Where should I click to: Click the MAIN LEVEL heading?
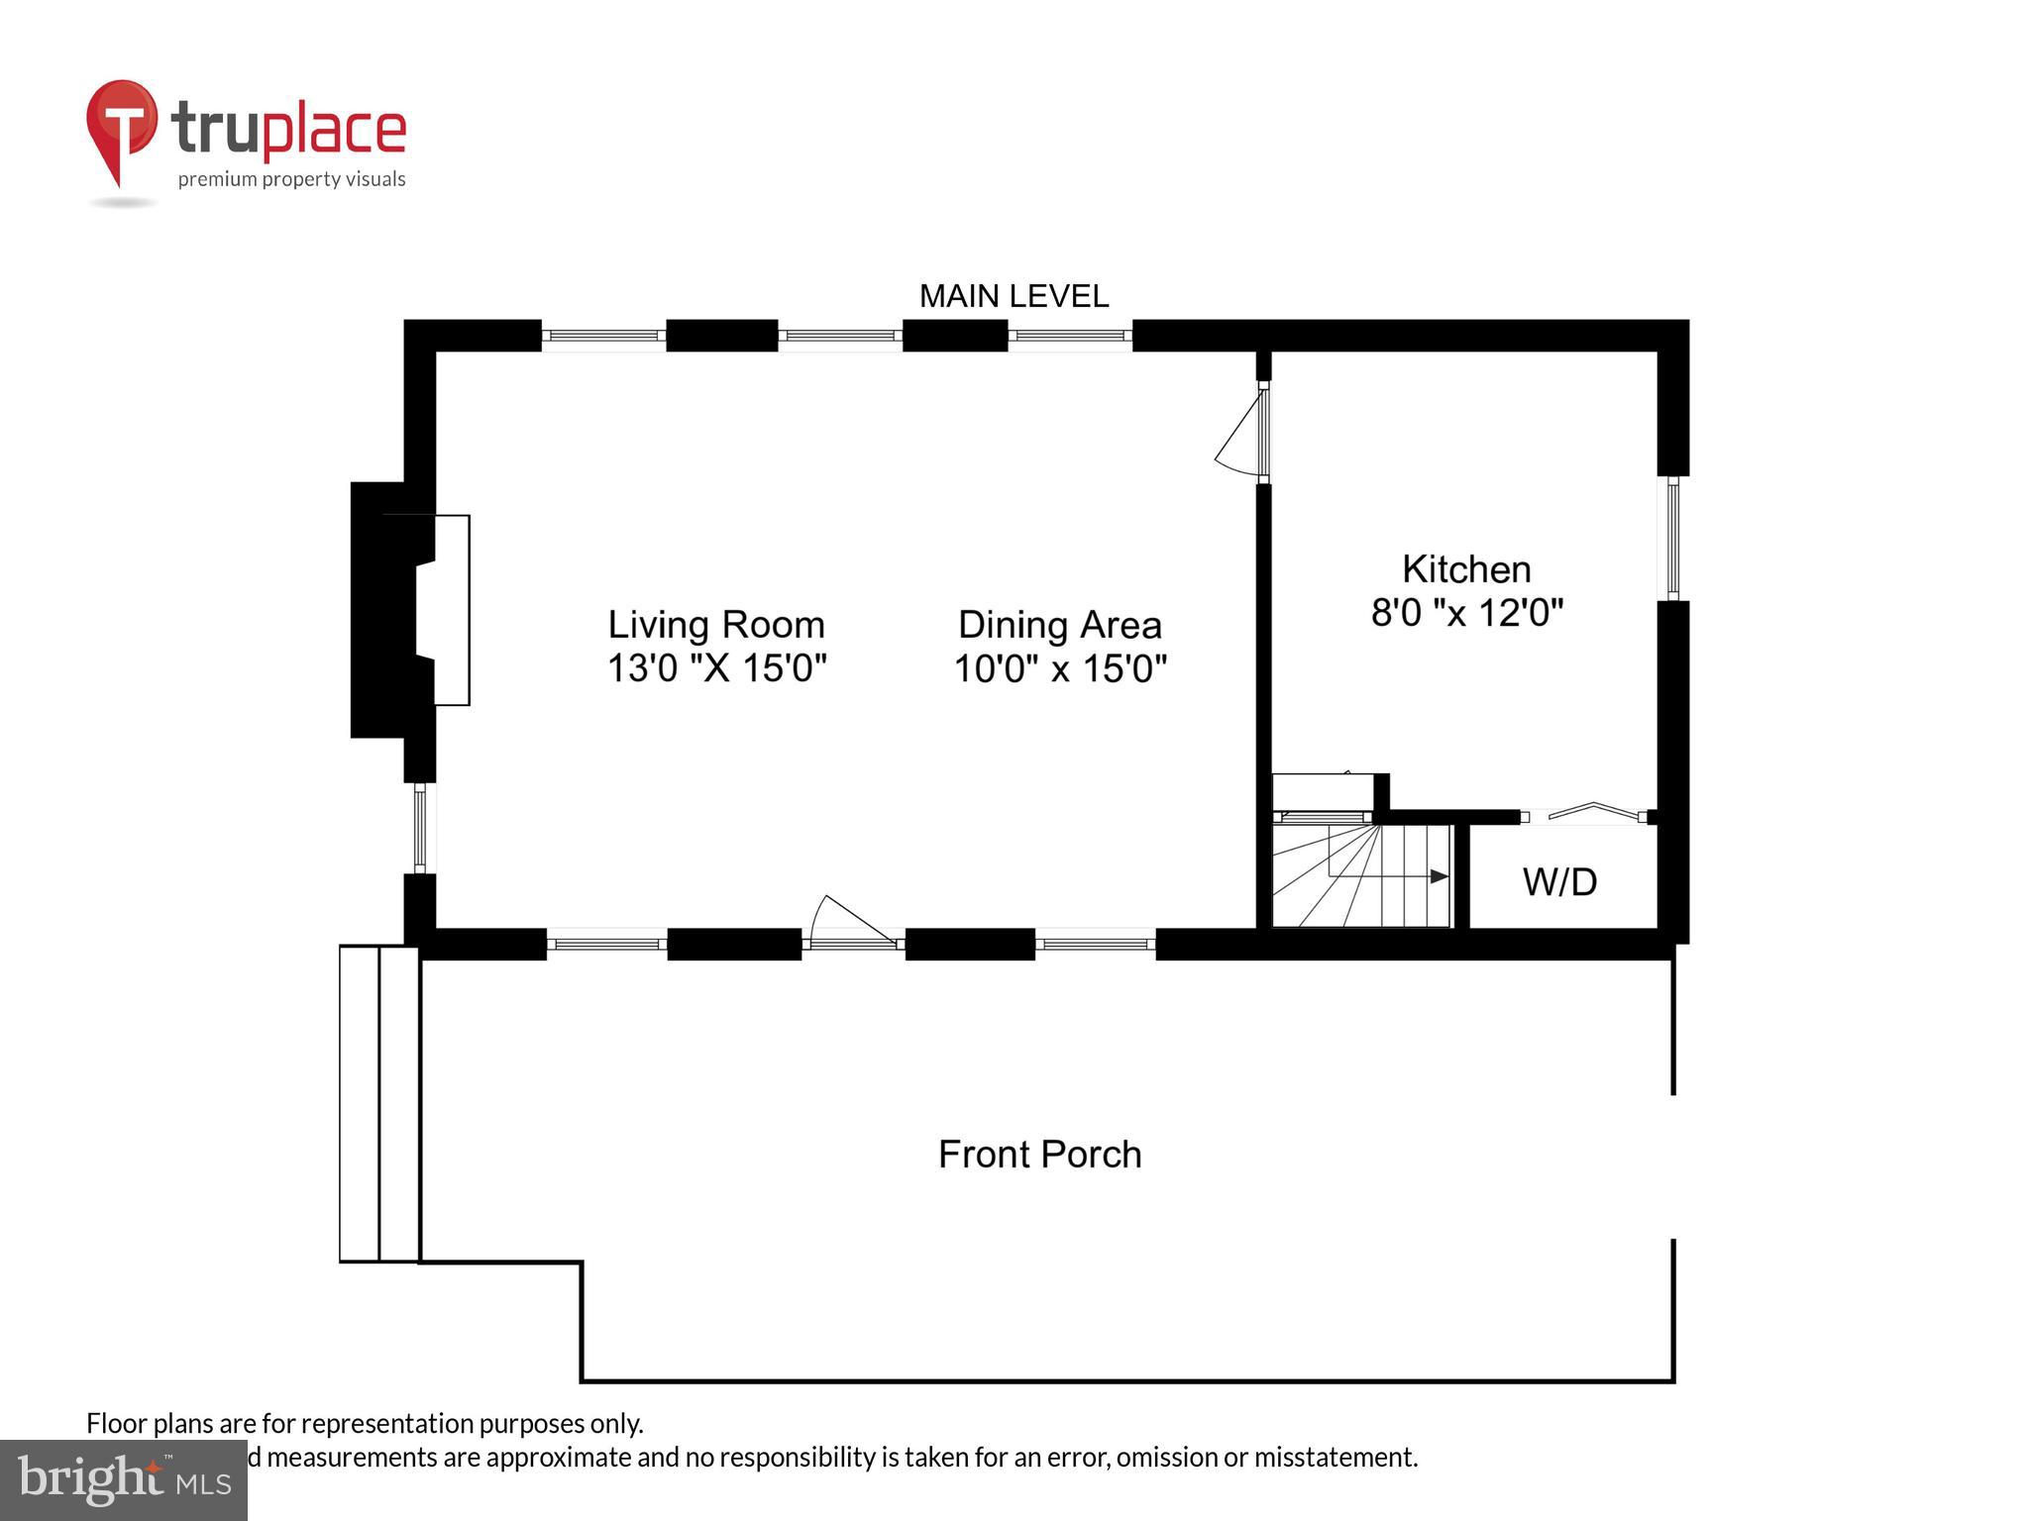click(1014, 296)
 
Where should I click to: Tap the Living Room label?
click(715, 625)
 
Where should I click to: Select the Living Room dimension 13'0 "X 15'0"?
click(715, 668)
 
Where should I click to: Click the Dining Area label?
click(1059, 625)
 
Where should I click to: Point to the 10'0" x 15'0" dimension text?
click(1059, 669)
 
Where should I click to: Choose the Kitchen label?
click(1466, 569)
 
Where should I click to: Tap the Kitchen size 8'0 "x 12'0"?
click(1466, 613)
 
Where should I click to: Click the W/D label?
click(1559, 881)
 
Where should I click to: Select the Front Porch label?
click(1039, 1155)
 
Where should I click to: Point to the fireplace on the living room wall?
click(411, 610)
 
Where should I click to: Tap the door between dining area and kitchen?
click(1243, 434)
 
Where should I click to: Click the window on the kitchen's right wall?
click(1672, 538)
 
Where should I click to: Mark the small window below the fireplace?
click(419, 828)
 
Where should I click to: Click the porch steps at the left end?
click(379, 1103)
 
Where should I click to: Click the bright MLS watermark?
click(123, 1479)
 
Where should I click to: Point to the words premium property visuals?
click(291, 179)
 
